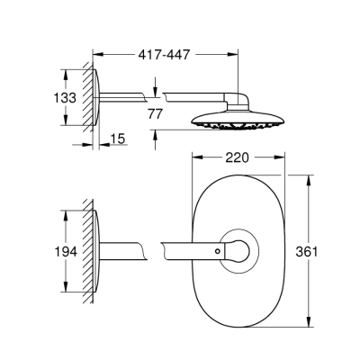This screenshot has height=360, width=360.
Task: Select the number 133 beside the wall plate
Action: click(36, 96)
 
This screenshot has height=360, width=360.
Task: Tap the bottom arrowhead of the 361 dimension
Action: click(312, 328)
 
